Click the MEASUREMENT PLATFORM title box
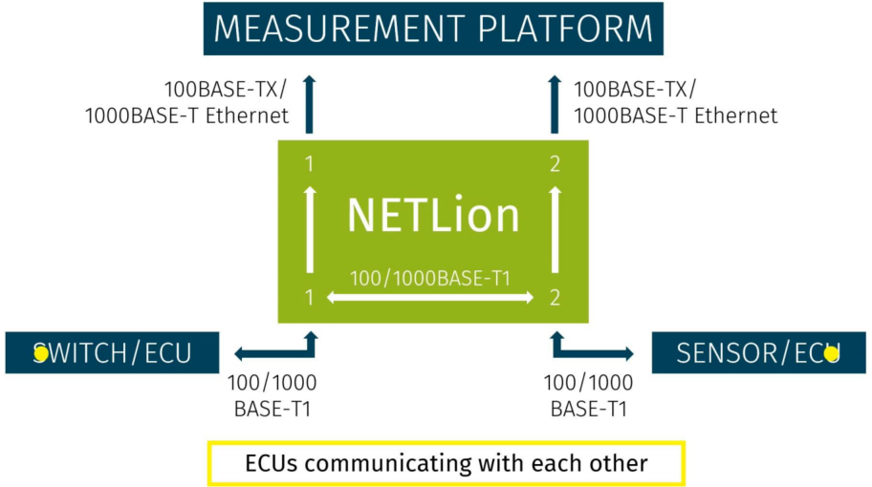pos(433,29)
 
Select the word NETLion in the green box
pos(433,215)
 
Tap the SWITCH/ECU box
pos(113,353)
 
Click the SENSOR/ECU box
pos(758,353)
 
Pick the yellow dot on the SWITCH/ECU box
pos(41,353)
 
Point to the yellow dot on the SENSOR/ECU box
pos(831,353)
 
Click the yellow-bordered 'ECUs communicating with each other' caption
pos(447,464)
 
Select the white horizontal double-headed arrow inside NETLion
pos(430,298)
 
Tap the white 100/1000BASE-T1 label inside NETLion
pos(430,279)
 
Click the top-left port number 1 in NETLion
pos(309,164)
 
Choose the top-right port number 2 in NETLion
pos(556,164)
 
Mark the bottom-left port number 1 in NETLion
pos(309,298)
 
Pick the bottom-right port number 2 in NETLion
pos(556,298)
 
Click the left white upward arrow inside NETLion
pos(309,229)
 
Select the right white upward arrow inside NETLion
pos(556,229)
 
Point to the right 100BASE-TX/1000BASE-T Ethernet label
pos(675,103)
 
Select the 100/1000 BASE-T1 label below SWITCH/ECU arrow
pos(272,396)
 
